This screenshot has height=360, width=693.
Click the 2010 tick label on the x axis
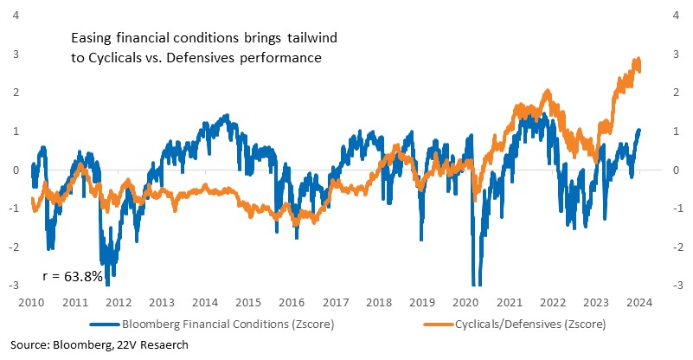31,303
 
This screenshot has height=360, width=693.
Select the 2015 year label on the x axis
248,303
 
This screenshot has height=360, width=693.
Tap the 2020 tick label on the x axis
465,303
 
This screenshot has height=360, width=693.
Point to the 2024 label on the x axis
639,303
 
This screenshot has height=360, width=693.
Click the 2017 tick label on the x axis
336,303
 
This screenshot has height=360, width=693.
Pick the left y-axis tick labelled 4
16,16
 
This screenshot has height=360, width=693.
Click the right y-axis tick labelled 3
676,54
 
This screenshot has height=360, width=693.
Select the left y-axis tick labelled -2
14,247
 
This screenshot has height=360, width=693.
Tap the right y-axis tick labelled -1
675,209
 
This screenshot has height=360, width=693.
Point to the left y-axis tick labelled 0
16,170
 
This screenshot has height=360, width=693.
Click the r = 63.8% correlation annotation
73,276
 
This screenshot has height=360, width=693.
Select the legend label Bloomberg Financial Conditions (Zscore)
228,325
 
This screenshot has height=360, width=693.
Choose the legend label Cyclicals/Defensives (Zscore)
530,325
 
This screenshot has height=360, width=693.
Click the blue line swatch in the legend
105,325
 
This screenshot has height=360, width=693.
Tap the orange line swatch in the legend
439,325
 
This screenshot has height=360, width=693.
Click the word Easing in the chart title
92,38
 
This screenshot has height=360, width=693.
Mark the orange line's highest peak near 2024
638,59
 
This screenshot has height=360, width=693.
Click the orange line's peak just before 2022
548,91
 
